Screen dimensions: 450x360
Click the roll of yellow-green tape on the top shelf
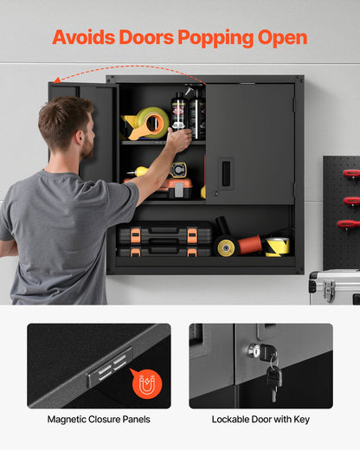pyautogui.click(x=148, y=124)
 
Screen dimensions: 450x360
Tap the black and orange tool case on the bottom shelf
pyautogui.click(x=164, y=240)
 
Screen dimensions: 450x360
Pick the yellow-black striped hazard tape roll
pyautogui.click(x=277, y=247)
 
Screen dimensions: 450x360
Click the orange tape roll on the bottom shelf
pyautogui.click(x=249, y=245)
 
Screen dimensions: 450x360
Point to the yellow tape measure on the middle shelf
pyautogui.click(x=178, y=170)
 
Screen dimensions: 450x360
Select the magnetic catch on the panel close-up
pyautogui.click(x=110, y=369)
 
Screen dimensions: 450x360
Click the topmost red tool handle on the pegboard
pyautogui.click(x=350, y=174)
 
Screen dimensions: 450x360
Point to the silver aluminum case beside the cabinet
pyautogui.click(x=334, y=286)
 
